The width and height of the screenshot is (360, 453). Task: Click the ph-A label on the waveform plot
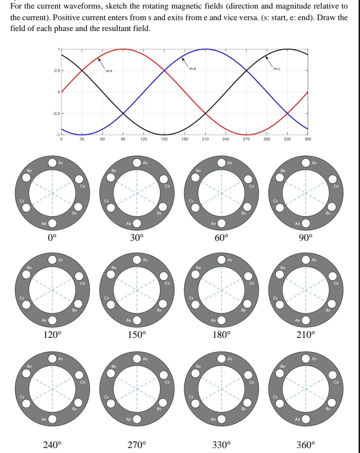click(109, 71)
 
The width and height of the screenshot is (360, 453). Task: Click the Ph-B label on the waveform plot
click(192, 69)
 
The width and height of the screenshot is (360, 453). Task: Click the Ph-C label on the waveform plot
click(277, 69)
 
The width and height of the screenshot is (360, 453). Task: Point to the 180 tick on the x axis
click(185, 139)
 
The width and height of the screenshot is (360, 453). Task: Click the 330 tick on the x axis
click(287, 139)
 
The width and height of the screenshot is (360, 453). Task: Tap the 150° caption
click(137, 335)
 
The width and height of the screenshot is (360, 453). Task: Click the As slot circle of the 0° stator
click(52, 163)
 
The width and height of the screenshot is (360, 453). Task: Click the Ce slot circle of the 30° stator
click(163, 179)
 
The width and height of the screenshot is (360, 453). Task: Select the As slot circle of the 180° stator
click(221, 260)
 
